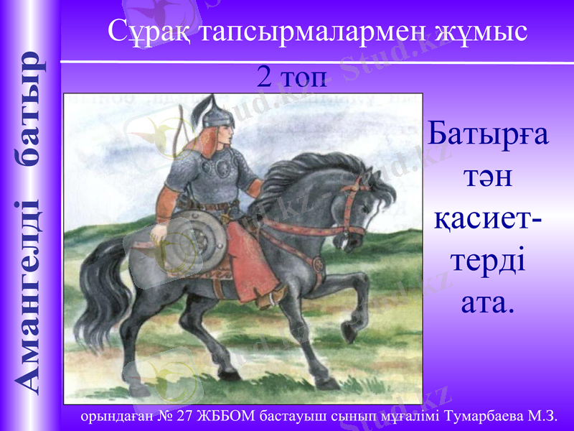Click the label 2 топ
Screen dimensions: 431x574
[x=291, y=78]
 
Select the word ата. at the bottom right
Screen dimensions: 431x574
[x=488, y=302]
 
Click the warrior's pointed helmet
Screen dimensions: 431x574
[x=215, y=113]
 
